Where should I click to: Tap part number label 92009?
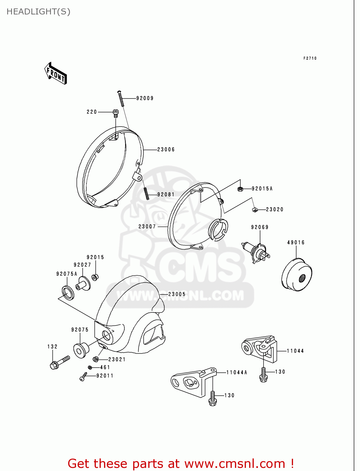tap(145, 98)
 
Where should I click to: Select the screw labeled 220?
tap(116, 113)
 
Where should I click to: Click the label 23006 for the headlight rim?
tap(166, 150)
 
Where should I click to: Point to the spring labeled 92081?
tap(146, 193)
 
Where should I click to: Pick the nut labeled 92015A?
tap(240, 189)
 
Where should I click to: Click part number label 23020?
tap(275, 209)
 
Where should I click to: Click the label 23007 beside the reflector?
tap(147, 226)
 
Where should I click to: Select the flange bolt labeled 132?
tap(59, 362)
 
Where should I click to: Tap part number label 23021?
tap(117, 360)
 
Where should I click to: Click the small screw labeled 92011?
tap(84, 376)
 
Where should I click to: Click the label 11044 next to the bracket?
tap(295, 351)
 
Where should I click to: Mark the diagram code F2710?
tap(310, 58)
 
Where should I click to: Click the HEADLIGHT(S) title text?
tap(38, 12)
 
